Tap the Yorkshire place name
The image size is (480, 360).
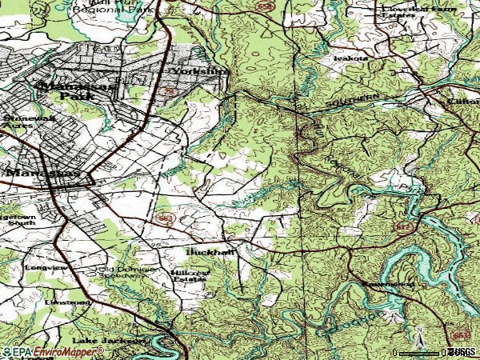pos(201,70)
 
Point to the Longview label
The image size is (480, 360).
pos(42,268)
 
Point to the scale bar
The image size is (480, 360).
pos(420,352)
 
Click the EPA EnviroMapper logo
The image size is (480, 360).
pos(53,351)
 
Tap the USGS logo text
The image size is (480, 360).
pos(462,351)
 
